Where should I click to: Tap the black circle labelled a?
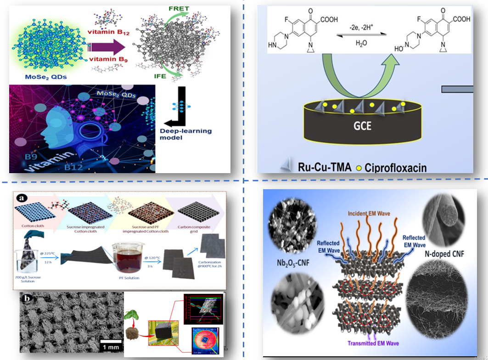21,198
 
